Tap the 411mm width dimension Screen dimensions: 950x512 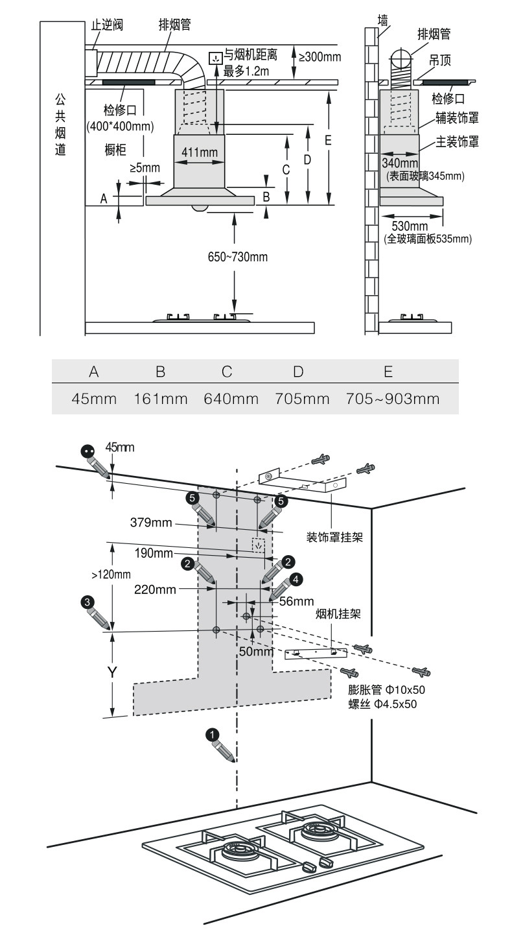199,152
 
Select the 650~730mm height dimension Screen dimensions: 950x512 234,257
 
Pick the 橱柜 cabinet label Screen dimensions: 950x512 115,150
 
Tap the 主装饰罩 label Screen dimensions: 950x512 457,141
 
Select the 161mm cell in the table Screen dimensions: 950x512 161,398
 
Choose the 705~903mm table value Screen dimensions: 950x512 388,398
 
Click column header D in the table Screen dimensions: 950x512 297,372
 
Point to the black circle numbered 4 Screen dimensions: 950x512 295,578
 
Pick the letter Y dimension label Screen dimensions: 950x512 111,672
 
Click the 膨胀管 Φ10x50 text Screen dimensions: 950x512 386,690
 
